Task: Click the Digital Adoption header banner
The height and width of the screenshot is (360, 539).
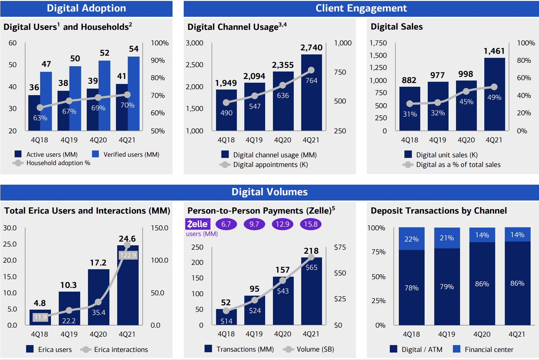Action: coord(86,8)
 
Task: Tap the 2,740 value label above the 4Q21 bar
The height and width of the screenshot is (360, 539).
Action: coord(311,48)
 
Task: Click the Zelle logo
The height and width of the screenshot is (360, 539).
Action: coord(198,224)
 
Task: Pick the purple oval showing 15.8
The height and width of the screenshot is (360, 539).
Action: coord(311,224)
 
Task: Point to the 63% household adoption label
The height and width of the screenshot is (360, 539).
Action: coord(40,118)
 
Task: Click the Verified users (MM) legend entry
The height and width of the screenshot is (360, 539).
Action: coord(126,154)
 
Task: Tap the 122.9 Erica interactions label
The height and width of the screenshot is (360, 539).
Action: coord(128,255)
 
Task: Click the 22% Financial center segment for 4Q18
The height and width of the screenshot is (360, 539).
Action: coord(411,239)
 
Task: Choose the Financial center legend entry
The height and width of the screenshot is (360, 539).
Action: coord(483,349)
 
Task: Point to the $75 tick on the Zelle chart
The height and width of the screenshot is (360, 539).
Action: coord(340,247)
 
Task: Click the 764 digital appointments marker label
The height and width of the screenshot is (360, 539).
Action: coord(311,81)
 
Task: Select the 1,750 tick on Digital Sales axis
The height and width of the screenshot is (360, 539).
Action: coord(378,43)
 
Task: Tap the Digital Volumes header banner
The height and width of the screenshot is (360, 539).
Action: coord(269,192)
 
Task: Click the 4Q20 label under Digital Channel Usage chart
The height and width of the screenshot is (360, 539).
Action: coord(283,140)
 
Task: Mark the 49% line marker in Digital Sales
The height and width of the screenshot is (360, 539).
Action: coord(494,87)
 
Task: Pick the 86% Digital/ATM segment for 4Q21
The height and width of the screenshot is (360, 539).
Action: coord(517,283)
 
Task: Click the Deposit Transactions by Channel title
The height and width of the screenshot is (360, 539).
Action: coord(439,211)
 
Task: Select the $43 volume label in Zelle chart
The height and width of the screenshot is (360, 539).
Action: coord(283,291)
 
